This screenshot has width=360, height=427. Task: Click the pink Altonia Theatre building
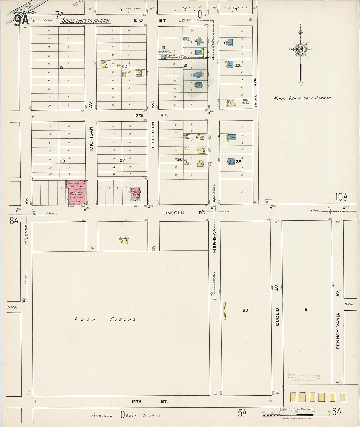point(77,193)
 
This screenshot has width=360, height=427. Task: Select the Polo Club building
point(123,242)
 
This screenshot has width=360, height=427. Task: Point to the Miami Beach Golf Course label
point(302,98)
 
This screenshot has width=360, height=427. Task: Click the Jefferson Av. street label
point(153,135)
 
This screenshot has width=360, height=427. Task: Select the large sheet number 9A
point(22,21)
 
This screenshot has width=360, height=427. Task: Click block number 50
point(245,310)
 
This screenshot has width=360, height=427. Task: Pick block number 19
point(61,67)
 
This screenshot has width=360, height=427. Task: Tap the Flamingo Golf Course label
point(126,415)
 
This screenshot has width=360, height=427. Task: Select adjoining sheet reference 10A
point(341,197)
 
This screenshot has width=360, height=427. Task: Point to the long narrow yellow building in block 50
point(225,311)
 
